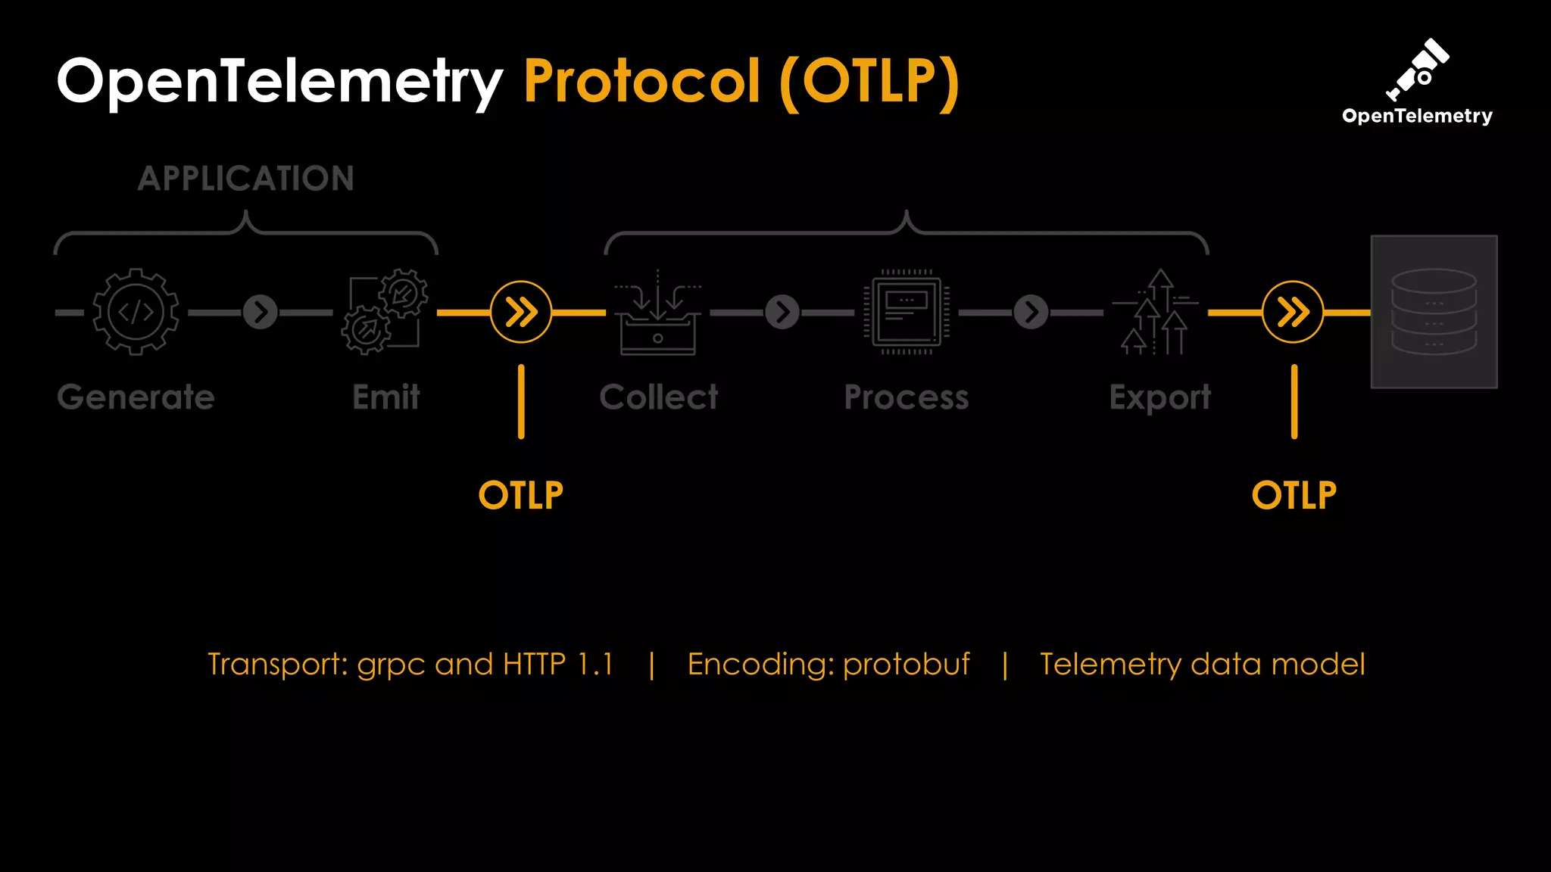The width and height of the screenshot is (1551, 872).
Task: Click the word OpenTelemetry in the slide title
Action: tap(279, 81)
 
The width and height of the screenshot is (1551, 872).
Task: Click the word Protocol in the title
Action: tap(641, 81)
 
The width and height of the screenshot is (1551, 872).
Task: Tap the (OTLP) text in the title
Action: tap(869, 82)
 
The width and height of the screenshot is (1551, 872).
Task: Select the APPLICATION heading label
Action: tap(246, 179)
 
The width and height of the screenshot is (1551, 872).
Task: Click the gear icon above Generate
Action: tap(136, 311)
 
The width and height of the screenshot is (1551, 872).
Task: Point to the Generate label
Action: tap(136, 397)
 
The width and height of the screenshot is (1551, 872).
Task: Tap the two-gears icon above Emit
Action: tap(385, 311)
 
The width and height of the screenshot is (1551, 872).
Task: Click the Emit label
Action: tap(385, 397)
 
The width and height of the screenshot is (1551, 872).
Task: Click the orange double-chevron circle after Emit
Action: tap(521, 312)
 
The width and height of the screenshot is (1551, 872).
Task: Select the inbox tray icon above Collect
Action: tap(657, 313)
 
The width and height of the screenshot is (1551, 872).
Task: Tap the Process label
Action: tap(907, 397)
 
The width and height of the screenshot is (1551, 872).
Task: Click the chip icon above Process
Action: tap(907, 311)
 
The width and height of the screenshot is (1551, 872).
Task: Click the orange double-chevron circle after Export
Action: tap(1293, 312)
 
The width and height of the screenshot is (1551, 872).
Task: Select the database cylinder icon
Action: tap(1434, 312)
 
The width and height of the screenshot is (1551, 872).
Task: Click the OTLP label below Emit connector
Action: tap(521, 496)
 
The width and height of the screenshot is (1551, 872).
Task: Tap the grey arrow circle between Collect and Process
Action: tap(782, 312)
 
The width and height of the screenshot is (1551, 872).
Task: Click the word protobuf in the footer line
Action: tap(906, 665)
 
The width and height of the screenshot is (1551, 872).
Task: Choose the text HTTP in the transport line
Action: tap(534, 665)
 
